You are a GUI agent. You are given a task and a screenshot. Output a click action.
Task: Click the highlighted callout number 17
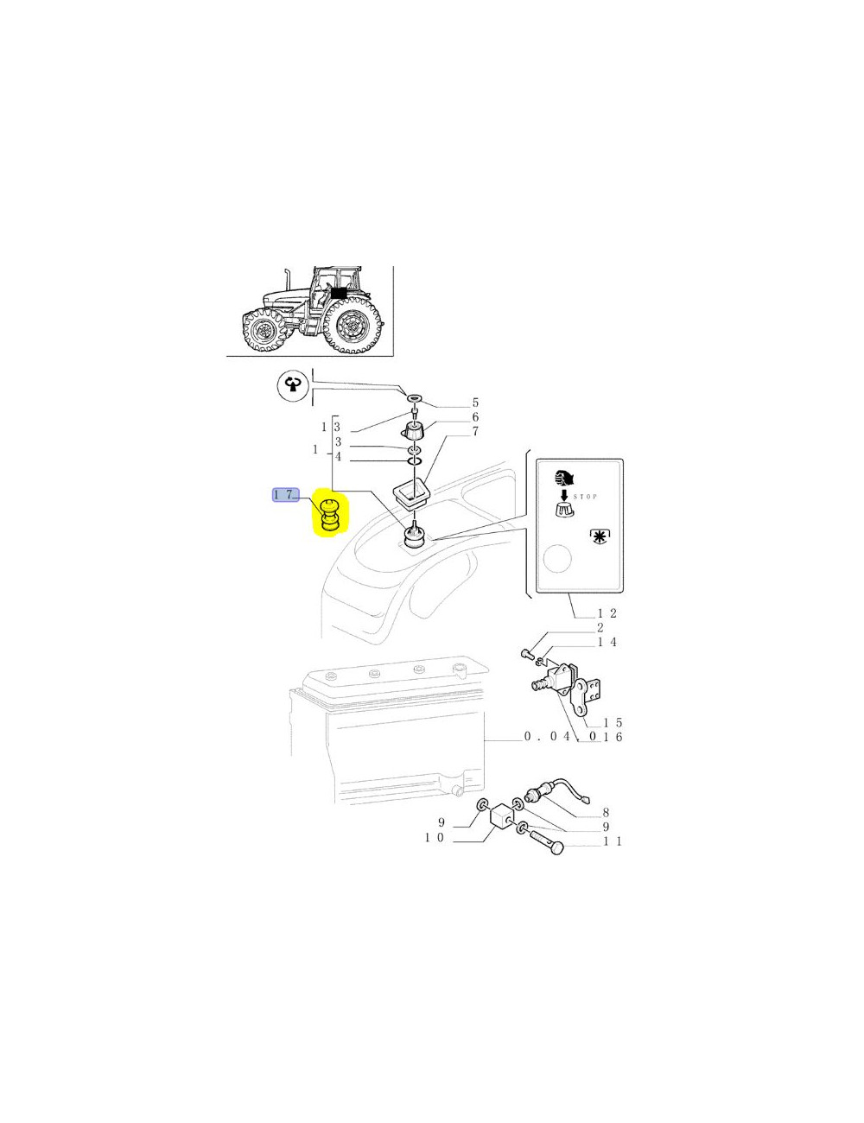click(x=284, y=495)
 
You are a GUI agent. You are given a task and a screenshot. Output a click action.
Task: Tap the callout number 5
click(x=475, y=403)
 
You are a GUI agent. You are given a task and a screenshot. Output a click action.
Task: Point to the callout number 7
click(x=475, y=431)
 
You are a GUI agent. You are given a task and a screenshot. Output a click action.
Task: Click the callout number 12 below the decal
click(x=607, y=613)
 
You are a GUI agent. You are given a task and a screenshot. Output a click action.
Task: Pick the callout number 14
click(x=607, y=642)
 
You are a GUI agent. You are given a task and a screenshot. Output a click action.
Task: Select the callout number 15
click(x=613, y=722)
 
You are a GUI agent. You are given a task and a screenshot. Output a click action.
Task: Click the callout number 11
click(x=613, y=841)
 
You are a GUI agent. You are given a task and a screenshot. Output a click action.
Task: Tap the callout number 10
click(x=434, y=838)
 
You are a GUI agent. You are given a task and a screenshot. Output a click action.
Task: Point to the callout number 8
click(x=606, y=812)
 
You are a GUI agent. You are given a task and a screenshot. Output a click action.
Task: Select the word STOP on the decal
click(x=586, y=497)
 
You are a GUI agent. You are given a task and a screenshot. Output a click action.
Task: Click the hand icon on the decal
click(x=565, y=477)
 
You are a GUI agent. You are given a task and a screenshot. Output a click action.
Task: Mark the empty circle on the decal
click(x=557, y=559)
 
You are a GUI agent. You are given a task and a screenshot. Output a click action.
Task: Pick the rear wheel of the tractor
click(x=353, y=325)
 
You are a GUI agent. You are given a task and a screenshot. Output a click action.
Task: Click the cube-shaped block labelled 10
click(x=501, y=816)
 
